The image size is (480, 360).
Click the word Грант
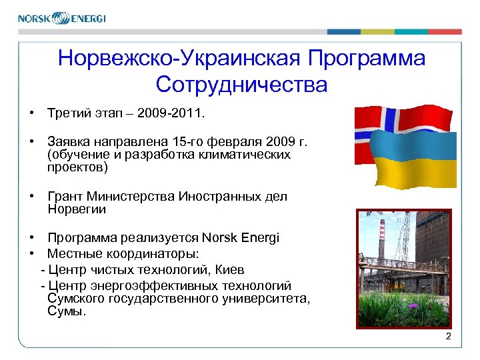(x=67, y=197)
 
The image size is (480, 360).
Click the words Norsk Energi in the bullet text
(x=243, y=238)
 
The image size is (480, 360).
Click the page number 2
(x=448, y=336)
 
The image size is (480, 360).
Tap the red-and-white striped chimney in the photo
(x=382, y=230)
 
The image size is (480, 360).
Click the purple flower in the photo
(x=413, y=306)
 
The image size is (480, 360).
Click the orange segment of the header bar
(x=445, y=31)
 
